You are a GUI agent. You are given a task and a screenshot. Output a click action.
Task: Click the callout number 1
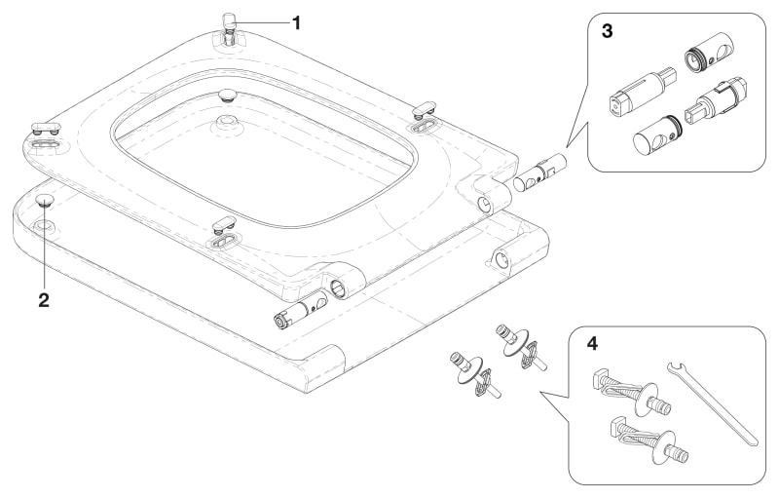tap(297, 19)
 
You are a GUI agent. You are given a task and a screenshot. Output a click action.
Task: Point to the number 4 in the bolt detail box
tap(591, 344)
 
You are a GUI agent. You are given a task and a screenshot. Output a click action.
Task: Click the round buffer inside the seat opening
tap(228, 95)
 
